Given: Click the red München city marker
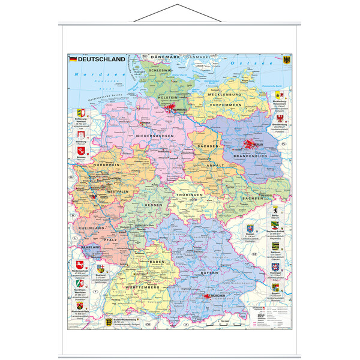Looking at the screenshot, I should pos(211,296).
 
